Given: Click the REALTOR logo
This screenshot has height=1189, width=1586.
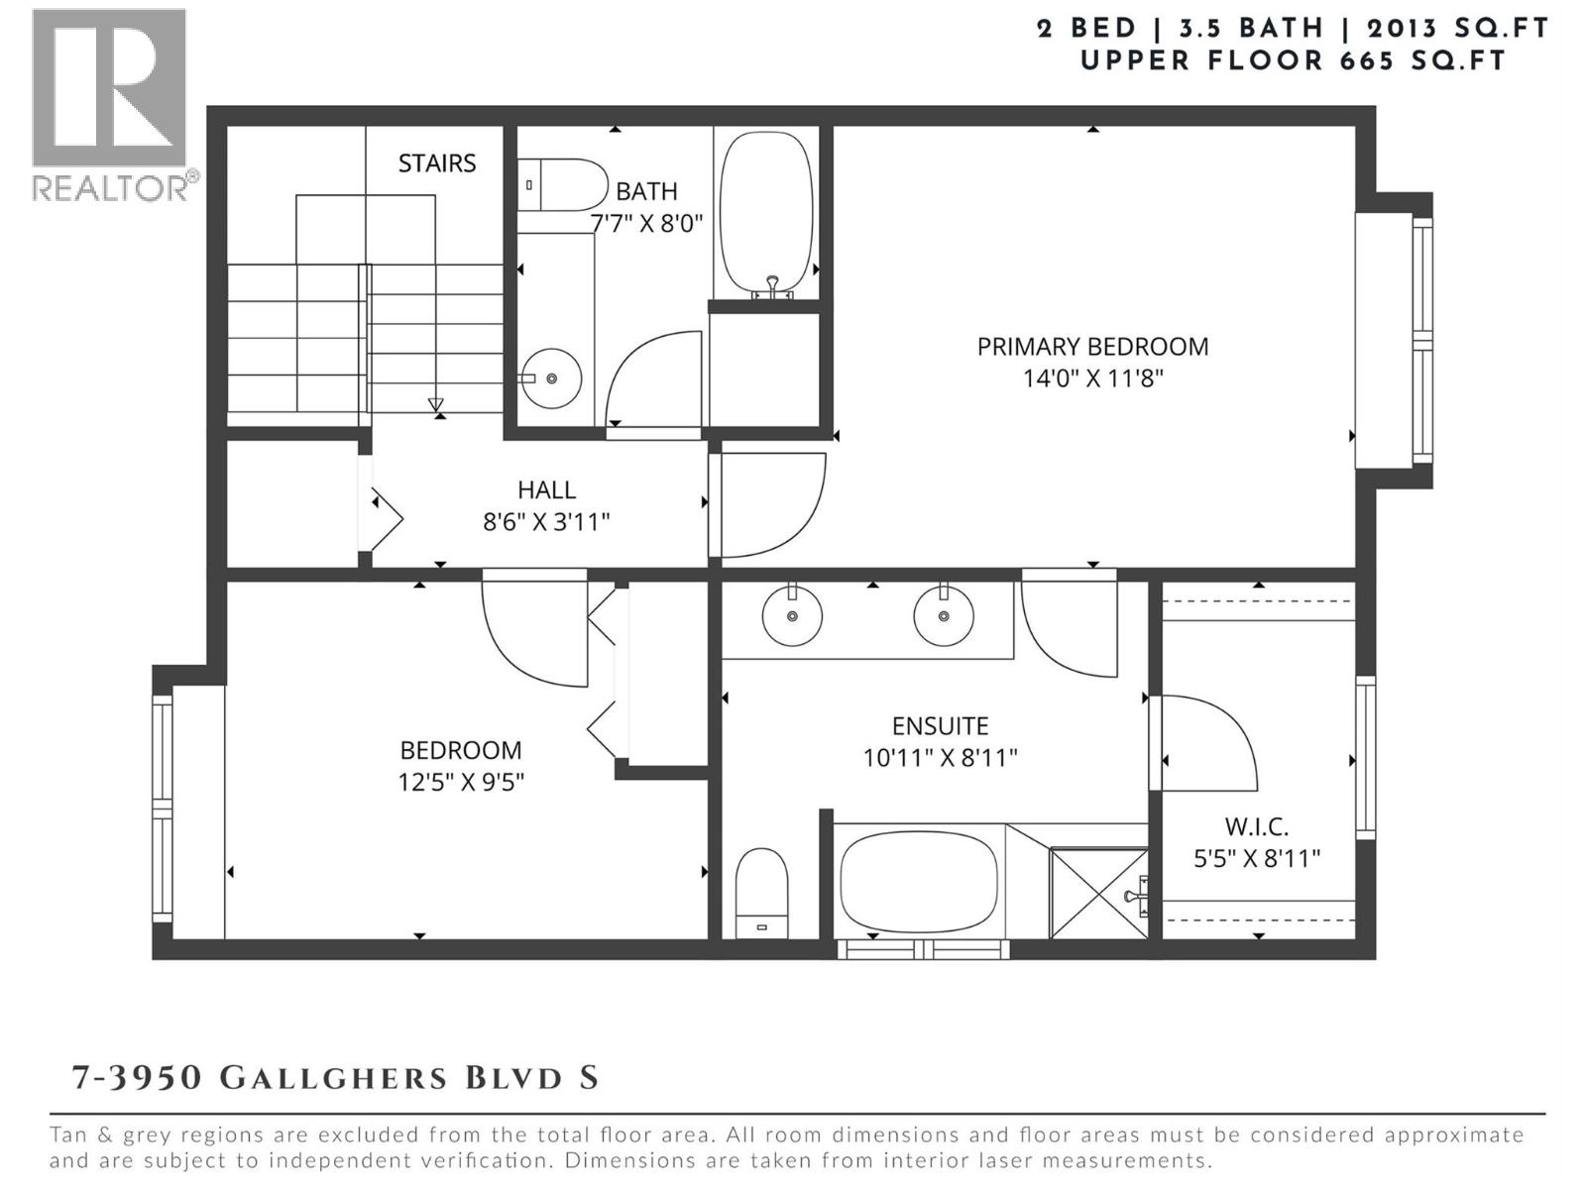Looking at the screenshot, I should click(109, 104).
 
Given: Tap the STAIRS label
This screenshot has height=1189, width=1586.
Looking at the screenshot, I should click(437, 162).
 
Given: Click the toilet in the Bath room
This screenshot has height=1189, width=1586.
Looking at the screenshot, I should click(562, 184).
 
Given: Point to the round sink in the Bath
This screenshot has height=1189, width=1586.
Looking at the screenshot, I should click(551, 378).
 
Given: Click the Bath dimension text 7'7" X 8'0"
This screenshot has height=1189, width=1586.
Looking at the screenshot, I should click(646, 223).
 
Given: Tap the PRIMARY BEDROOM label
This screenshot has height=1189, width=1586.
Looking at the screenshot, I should click(1092, 347).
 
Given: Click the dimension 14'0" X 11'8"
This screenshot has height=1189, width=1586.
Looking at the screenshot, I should click(1092, 378).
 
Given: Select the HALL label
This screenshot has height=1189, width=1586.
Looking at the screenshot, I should click(546, 489).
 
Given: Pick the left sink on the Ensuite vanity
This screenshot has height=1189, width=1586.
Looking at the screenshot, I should click(792, 615).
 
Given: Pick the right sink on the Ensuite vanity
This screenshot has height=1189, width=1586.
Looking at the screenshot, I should click(943, 615).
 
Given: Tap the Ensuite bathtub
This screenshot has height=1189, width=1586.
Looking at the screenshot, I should click(919, 880).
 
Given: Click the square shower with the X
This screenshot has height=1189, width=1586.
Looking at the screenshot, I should click(1097, 893).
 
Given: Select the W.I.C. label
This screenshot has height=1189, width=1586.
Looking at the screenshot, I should click(1256, 826).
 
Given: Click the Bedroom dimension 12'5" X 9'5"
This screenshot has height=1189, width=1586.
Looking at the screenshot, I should click(461, 782).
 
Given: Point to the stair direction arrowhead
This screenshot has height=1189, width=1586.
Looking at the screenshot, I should click(436, 404).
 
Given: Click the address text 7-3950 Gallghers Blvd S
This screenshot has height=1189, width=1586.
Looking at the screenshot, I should click(335, 1077).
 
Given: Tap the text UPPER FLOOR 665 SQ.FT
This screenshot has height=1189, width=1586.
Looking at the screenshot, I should click(1293, 60).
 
